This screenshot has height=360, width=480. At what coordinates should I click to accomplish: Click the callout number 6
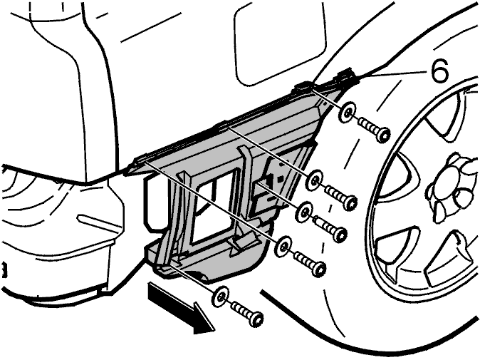click(440, 71)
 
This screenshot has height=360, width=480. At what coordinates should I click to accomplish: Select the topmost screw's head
click(383, 135)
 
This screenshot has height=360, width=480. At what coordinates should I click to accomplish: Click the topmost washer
click(348, 112)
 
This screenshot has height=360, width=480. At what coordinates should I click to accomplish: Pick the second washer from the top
click(315, 178)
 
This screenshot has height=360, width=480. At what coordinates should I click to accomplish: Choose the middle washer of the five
click(303, 212)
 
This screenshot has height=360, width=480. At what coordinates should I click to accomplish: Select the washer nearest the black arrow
click(221, 297)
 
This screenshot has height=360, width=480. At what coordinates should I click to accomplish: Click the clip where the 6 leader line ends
click(348, 76)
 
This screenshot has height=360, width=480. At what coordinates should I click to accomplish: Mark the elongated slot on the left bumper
click(98, 222)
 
